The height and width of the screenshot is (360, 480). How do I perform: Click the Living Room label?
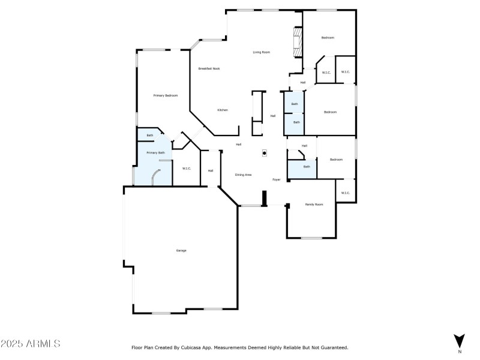pos(261,52)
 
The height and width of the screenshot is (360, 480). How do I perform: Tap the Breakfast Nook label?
pos(209,68)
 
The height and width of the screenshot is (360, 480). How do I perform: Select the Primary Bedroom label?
pos(165,95)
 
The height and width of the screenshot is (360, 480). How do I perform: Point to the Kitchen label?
pos(223,110)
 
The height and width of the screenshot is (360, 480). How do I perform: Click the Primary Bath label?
pos(155,153)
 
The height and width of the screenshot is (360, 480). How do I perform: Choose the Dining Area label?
pos(243,175)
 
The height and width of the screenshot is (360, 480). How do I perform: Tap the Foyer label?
pos(277,179)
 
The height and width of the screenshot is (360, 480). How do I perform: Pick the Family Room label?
pos(314,205)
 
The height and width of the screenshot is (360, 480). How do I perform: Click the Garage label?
pos(181,250)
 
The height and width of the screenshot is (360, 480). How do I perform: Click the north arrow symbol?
pos(460,340)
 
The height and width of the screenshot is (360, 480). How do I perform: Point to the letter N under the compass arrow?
pos(460,351)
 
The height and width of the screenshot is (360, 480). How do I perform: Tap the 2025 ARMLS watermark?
pos(31,344)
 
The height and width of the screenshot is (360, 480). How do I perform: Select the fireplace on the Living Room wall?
pos(296,42)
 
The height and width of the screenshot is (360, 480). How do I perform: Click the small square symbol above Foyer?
pos(265,153)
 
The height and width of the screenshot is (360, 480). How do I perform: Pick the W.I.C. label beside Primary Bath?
pos(187,169)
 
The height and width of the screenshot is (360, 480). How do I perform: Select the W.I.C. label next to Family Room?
pos(345,193)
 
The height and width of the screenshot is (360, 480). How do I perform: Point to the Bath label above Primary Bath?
pos(150,136)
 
